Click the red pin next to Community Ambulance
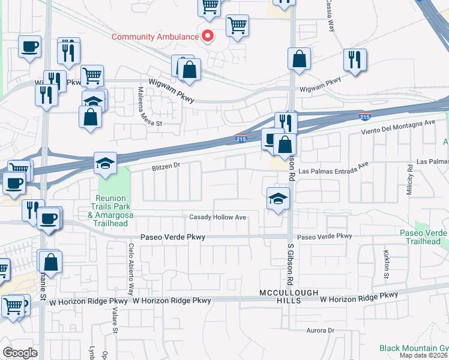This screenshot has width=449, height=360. point(208,36)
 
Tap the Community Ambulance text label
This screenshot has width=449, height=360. point(155,37)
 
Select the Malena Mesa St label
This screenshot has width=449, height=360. point(146,103)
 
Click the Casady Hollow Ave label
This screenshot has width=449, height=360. point(218,217)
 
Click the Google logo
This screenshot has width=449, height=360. point(20,352)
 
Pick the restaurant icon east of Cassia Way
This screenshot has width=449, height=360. point(355,59)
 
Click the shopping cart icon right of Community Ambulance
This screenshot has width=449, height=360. point(238,26)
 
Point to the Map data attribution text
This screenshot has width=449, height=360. point(424,355)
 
